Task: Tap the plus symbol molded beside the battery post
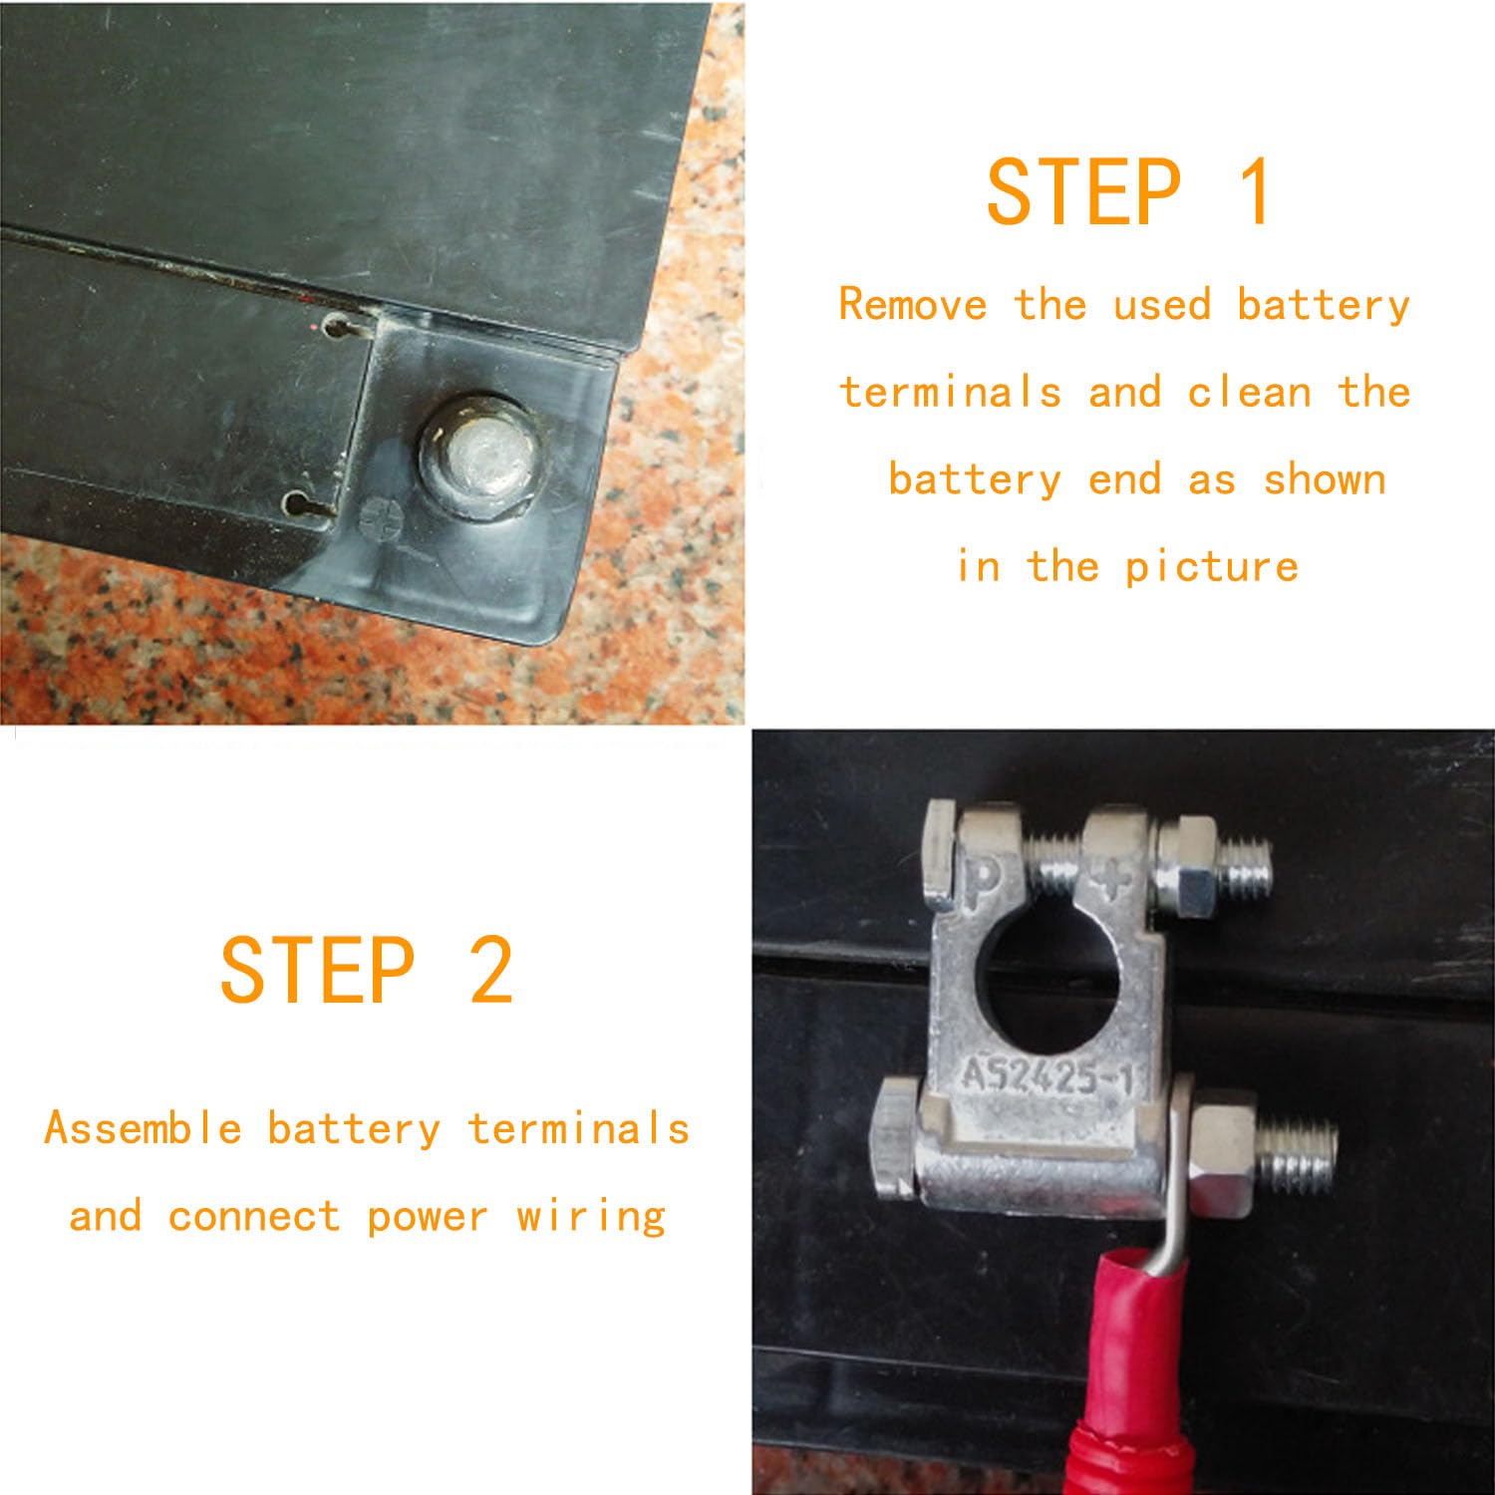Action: [x=380, y=518]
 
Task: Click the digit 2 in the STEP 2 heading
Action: [x=490, y=970]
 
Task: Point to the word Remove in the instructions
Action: [x=913, y=305]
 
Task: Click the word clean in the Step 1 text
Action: [x=1249, y=393]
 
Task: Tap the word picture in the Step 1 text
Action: [x=1212, y=567]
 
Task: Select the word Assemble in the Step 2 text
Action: [x=144, y=1129]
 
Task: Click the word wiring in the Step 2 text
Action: [x=591, y=1217]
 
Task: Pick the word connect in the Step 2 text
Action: [x=254, y=1217]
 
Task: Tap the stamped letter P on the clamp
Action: [x=983, y=877]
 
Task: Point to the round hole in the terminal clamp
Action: [x=1048, y=979]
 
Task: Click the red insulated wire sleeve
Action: [x=1136, y=1375]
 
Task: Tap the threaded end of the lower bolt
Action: [x=1298, y=1156]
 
